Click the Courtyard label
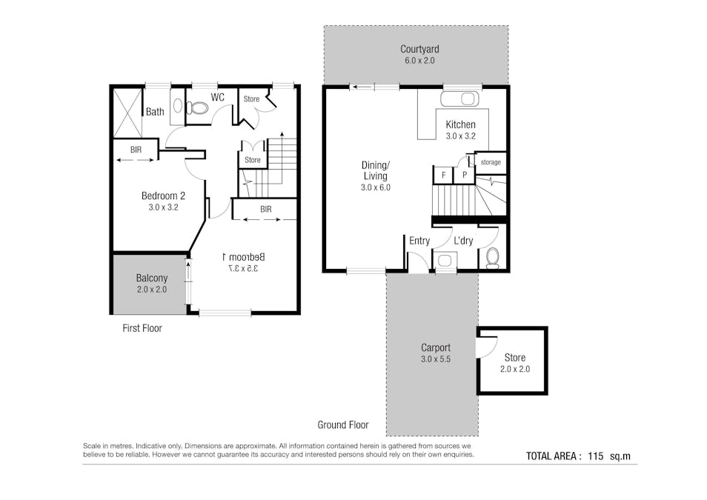pyautogui.click(x=419, y=49)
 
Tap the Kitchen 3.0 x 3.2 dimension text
pyautogui.click(x=460, y=136)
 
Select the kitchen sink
pyautogui.click(x=459, y=99)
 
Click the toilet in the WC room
pyautogui.click(x=197, y=108)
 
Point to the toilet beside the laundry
pyautogui.click(x=492, y=258)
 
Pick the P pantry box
pyautogui.click(x=465, y=175)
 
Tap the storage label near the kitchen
pyautogui.click(x=491, y=162)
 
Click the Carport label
pyautogui.click(x=436, y=347)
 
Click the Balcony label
pyautogui.click(x=151, y=279)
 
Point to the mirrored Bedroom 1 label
pyautogui.click(x=244, y=257)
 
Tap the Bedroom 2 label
pyautogui.click(x=163, y=196)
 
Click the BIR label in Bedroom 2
pyautogui.click(x=136, y=150)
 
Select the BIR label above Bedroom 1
pyautogui.click(x=265, y=209)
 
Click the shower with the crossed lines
pyautogui.click(x=127, y=113)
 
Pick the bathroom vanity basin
pyautogui.click(x=178, y=106)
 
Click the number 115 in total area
pyautogui.click(x=595, y=456)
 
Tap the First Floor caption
pyautogui.click(x=142, y=328)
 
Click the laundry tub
pyautogui.click(x=445, y=261)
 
